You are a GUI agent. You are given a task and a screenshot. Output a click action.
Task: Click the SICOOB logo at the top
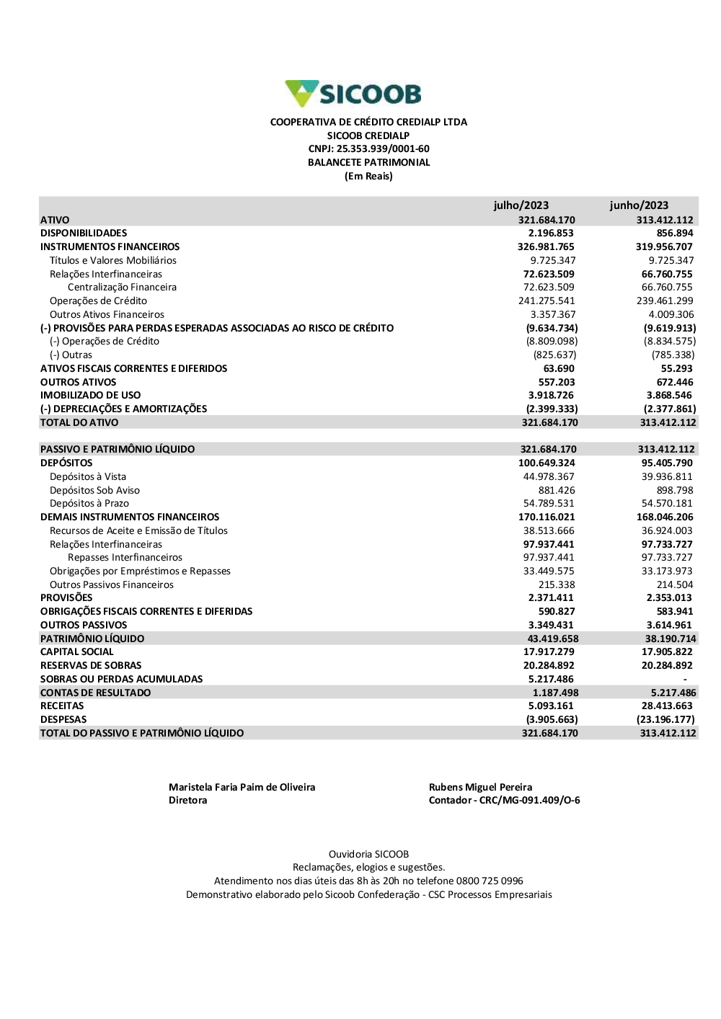point(353,94)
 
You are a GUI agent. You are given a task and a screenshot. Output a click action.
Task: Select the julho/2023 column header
point(521,205)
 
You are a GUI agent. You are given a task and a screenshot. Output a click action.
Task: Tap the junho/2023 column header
point(639,205)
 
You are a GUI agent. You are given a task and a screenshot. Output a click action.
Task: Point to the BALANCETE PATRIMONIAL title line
point(368,163)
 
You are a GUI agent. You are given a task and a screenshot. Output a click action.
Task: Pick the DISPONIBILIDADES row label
point(84,233)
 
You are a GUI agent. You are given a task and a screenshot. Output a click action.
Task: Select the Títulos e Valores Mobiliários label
point(112,261)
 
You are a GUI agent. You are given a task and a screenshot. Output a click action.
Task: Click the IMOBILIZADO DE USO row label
point(90,396)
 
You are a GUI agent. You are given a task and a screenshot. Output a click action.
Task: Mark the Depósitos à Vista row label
point(87,477)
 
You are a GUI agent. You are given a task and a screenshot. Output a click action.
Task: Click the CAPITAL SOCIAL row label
point(76,652)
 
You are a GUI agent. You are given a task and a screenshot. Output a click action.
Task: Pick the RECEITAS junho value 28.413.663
point(666,706)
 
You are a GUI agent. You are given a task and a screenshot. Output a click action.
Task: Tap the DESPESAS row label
point(63,720)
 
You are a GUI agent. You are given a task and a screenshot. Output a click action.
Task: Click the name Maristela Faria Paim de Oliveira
point(242,788)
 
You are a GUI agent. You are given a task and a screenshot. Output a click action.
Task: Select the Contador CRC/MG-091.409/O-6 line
point(504,801)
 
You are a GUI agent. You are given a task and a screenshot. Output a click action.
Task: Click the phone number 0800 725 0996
point(490,881)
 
